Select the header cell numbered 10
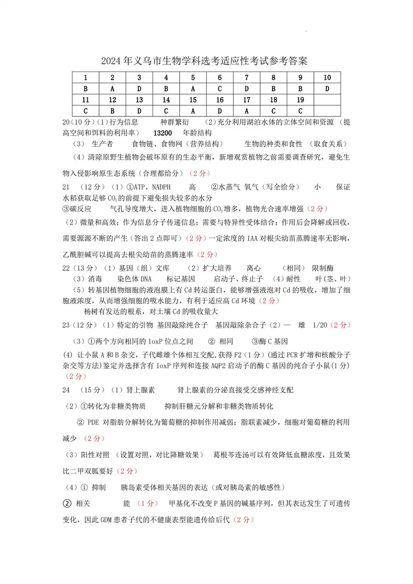point(327,78)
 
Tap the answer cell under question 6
point(220,89)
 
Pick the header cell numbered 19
point(300,100)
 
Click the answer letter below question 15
point(193,111)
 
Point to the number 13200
point(163,133)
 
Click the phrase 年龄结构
point(197,133)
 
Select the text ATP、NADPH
point(152,187)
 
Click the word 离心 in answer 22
point(254,268)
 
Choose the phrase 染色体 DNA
point(134,279)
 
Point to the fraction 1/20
point(320,325)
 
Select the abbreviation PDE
point(93,422)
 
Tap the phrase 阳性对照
point(95,455)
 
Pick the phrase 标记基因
point(180,279)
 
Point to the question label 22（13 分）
point(80,268)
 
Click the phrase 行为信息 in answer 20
point(123,122)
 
